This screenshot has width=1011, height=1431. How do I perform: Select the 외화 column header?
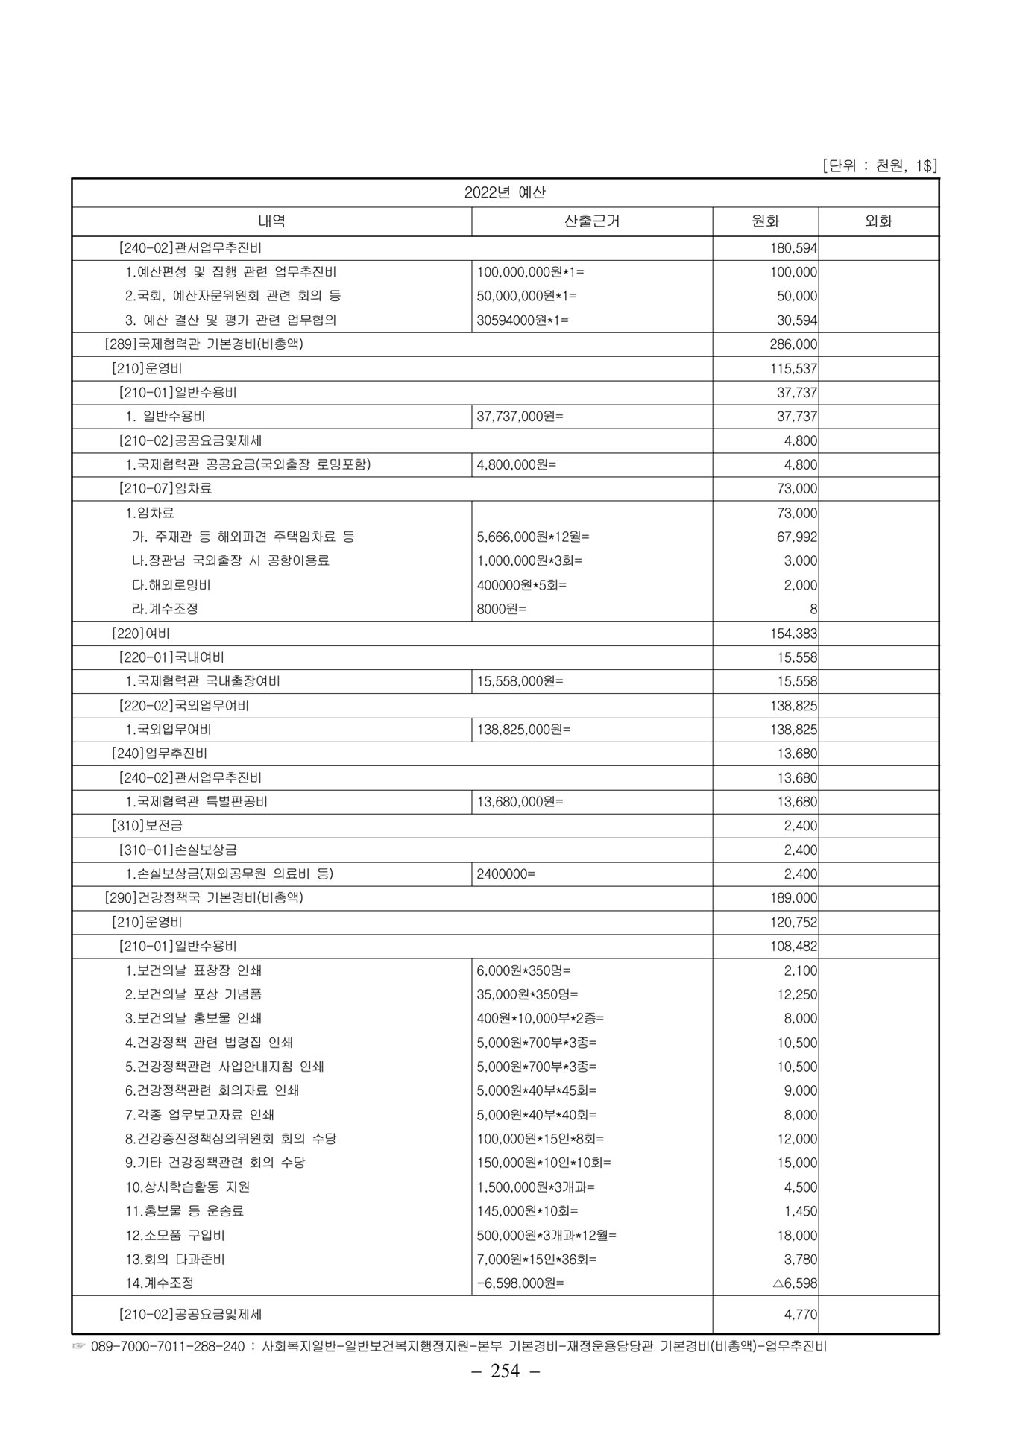click(878, 221)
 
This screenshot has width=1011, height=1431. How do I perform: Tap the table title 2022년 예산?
click(505, 193)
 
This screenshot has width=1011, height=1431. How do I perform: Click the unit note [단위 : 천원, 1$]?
click(879, 165)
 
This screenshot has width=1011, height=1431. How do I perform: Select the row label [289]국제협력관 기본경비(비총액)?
click(204, 344)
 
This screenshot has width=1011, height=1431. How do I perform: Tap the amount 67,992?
click(797, 537)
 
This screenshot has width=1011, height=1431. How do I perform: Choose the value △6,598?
click(795, 1283)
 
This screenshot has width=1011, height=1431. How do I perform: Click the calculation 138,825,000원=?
click(523, 730)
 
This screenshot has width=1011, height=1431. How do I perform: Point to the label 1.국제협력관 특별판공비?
click(197, 802)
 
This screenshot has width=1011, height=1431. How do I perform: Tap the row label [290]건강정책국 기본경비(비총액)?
click(204, 898)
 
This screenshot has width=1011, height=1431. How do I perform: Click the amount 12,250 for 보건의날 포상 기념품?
click(797, 994)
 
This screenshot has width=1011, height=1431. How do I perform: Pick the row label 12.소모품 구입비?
click(175, 1235)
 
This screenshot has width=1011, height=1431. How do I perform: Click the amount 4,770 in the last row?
click(801, 1315)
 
